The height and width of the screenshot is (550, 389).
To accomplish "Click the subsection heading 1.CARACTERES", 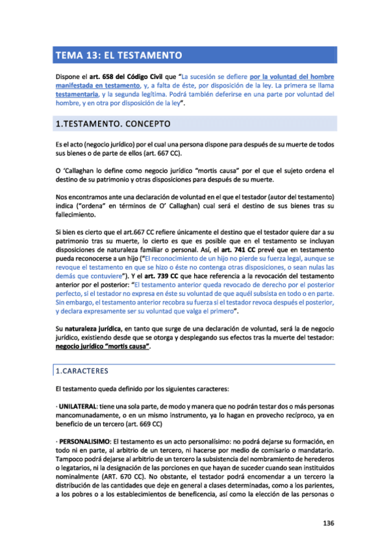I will (82, 371).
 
